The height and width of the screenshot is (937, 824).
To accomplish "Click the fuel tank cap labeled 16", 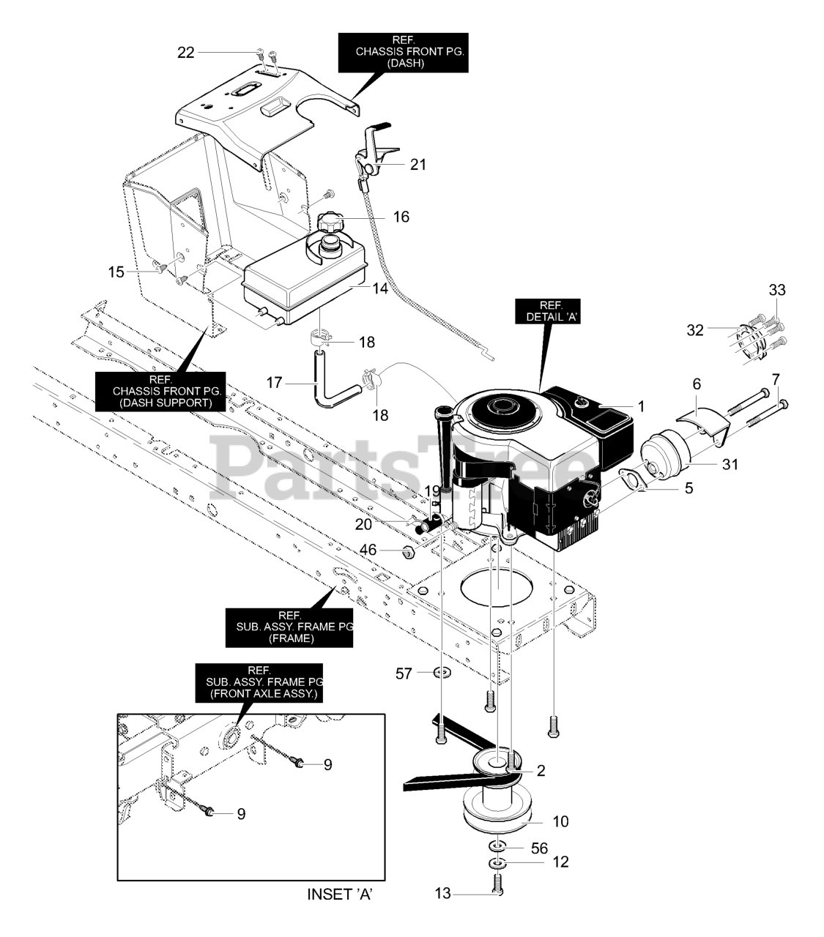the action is coord(330,222).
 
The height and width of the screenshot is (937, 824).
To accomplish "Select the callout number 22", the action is coord(186,53).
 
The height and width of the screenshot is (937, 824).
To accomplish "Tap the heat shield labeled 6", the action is coord(702,422).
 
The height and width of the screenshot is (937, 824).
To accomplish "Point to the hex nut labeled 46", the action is coord(408,550).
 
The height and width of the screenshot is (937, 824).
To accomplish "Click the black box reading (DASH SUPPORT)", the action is coord(160,392).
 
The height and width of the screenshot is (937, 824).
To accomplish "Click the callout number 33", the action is coord(777,290).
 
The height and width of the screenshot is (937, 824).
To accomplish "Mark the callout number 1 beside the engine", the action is coord(641,406).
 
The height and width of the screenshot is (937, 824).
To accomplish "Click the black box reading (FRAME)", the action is coord(289,627).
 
